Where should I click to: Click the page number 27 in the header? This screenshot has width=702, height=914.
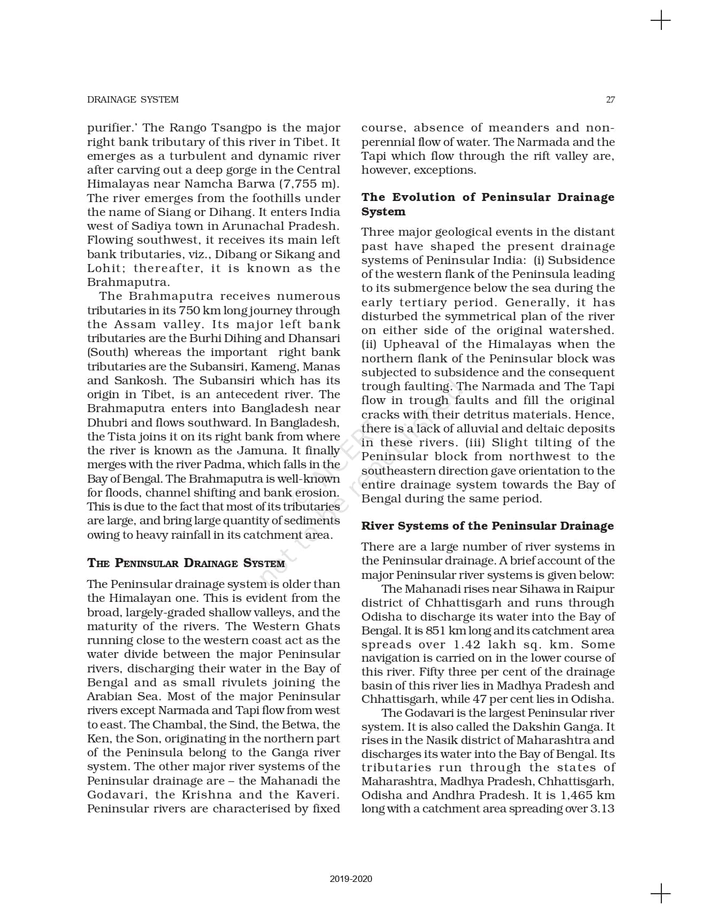pos(610,99)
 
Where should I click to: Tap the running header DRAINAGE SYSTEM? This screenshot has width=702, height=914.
pos(133,99)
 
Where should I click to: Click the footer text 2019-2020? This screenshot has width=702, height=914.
pos(351,879)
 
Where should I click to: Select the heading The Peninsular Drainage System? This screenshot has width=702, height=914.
pos(186,563)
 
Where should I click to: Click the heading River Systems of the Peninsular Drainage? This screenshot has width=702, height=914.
pos(487,526)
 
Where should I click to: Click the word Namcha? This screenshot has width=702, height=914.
pos(207,184)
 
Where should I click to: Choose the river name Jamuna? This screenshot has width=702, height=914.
pos(259,451)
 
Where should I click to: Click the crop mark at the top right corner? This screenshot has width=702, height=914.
pos(661,21)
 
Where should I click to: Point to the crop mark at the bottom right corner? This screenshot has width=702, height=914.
pos(661,893)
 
